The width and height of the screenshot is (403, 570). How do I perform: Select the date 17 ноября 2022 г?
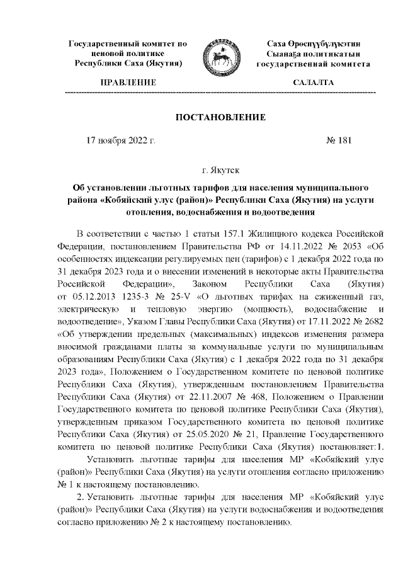point(120,141)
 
